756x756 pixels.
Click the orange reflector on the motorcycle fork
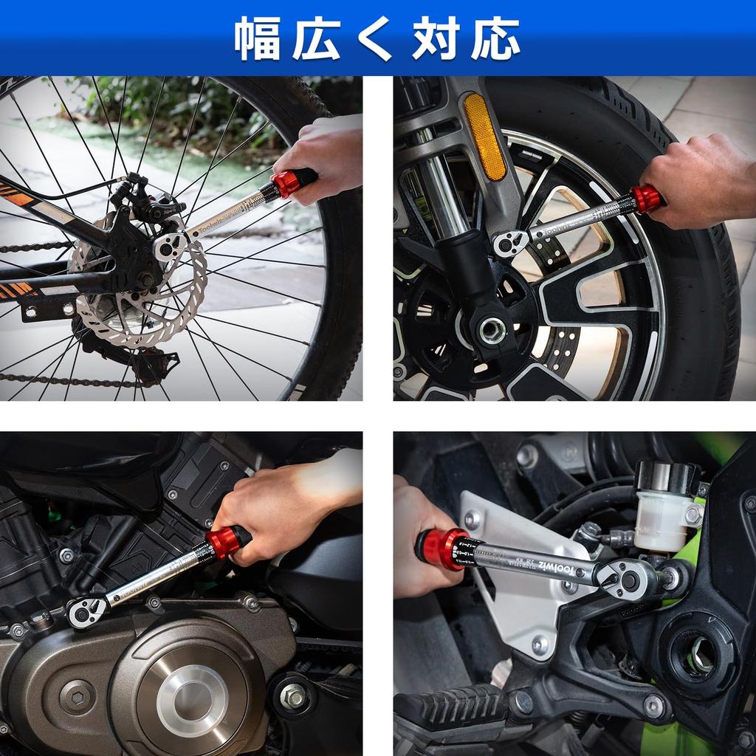[x=484, y=136]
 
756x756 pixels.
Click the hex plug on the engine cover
[x=77, y=695]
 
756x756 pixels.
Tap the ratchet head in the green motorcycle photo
[x=628, y=578]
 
